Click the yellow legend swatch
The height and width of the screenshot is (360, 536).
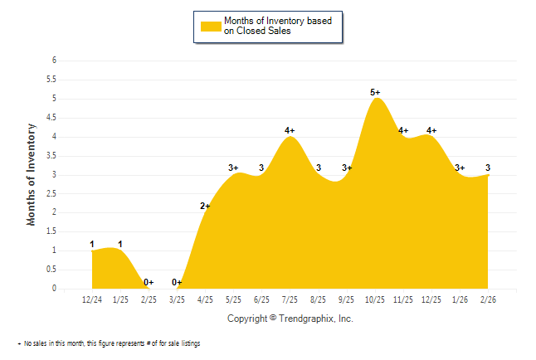click(211, 26)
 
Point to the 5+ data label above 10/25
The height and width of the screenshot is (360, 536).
click(375, 92)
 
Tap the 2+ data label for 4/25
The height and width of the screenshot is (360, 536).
click(205, 206)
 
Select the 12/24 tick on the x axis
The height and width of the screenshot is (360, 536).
click(92, 299)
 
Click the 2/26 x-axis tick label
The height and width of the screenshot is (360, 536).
click(489, 299)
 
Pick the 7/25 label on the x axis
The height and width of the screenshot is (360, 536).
click(290, 299)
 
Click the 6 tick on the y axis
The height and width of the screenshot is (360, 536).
click(54, 61)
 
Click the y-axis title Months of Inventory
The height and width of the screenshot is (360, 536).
click(32, 174)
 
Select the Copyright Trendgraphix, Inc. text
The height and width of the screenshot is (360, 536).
click(290, 319)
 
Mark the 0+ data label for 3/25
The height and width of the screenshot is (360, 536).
click(177, 282)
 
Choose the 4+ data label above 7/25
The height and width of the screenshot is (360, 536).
click(290, 130)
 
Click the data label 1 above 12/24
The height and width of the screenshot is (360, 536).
click(92, 244)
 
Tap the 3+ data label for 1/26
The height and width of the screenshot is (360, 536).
click(460, 168)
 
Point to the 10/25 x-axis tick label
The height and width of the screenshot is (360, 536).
click(375, 299)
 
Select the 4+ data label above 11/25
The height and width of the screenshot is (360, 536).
click(403, 130)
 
